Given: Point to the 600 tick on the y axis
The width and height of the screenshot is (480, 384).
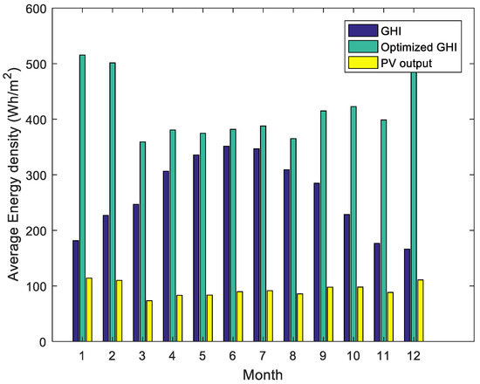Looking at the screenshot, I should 41,8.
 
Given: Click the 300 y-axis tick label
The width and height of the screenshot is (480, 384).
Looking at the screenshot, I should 41,175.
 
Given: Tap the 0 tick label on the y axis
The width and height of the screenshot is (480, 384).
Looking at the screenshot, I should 47,341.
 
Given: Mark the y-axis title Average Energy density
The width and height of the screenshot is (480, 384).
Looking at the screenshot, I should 13,175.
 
